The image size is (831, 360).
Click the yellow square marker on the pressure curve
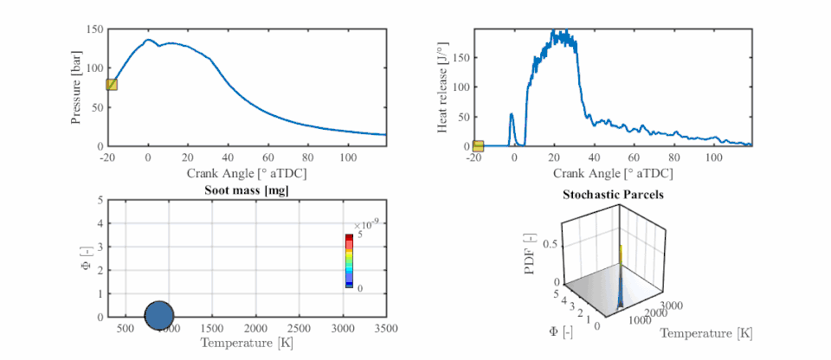[x=111, y=84]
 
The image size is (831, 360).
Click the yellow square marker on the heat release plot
[x=479, y=145]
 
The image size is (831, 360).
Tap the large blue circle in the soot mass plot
[x=159, y=317]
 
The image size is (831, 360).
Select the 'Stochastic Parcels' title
[x=614, y=195]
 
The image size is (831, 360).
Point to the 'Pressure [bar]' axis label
[x=77, y=87]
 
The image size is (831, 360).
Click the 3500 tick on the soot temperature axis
[x=385, y=329]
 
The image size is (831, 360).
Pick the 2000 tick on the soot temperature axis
[x=255, y=329]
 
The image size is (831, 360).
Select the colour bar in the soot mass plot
[x=349, y=260]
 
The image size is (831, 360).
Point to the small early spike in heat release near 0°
[x=512, y=115]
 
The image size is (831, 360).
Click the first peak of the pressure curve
[x=148, y=40]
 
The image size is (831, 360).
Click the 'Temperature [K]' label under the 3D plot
[x=706, y=332]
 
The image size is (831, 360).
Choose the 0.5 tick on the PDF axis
[x=549, y=244]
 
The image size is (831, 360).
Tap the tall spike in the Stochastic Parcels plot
[x=620, y=260]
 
